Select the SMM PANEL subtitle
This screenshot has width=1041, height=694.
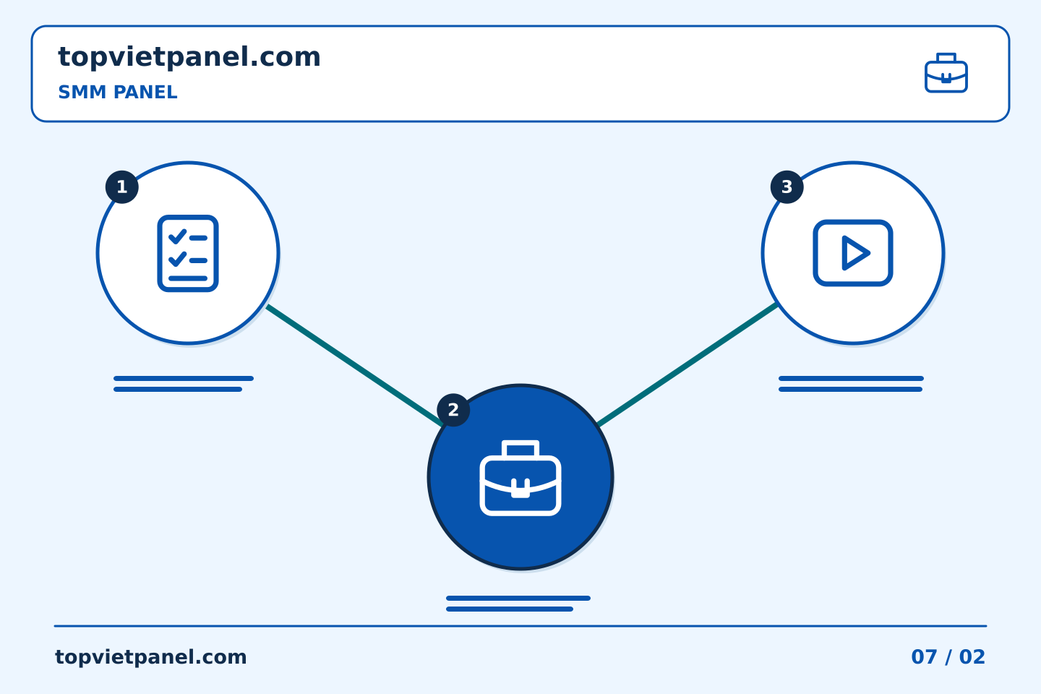pos(118,92)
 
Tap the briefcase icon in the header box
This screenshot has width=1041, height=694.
pos(946,73)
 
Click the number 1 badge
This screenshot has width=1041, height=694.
pos(121,187)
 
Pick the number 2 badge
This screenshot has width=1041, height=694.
pos(453,410)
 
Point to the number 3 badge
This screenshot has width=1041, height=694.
pos(787,187)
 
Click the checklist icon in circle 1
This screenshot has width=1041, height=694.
pos(188,253)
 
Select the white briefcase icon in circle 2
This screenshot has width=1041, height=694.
pos(520,478)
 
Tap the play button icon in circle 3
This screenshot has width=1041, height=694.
pos(853,253)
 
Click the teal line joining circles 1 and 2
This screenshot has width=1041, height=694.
pos(354,365)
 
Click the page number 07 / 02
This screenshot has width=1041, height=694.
pos(948,657)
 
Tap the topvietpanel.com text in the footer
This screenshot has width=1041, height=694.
pos(150,657)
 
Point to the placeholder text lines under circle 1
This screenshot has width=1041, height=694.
pos(184,384)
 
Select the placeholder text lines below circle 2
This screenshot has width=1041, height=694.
pos(518,604)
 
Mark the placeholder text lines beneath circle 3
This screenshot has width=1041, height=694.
pos(851,384)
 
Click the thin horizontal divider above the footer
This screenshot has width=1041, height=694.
pos(520,626)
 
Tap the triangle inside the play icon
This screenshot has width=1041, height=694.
pos(854,253)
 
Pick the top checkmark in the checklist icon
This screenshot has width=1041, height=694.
pos(178,236)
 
